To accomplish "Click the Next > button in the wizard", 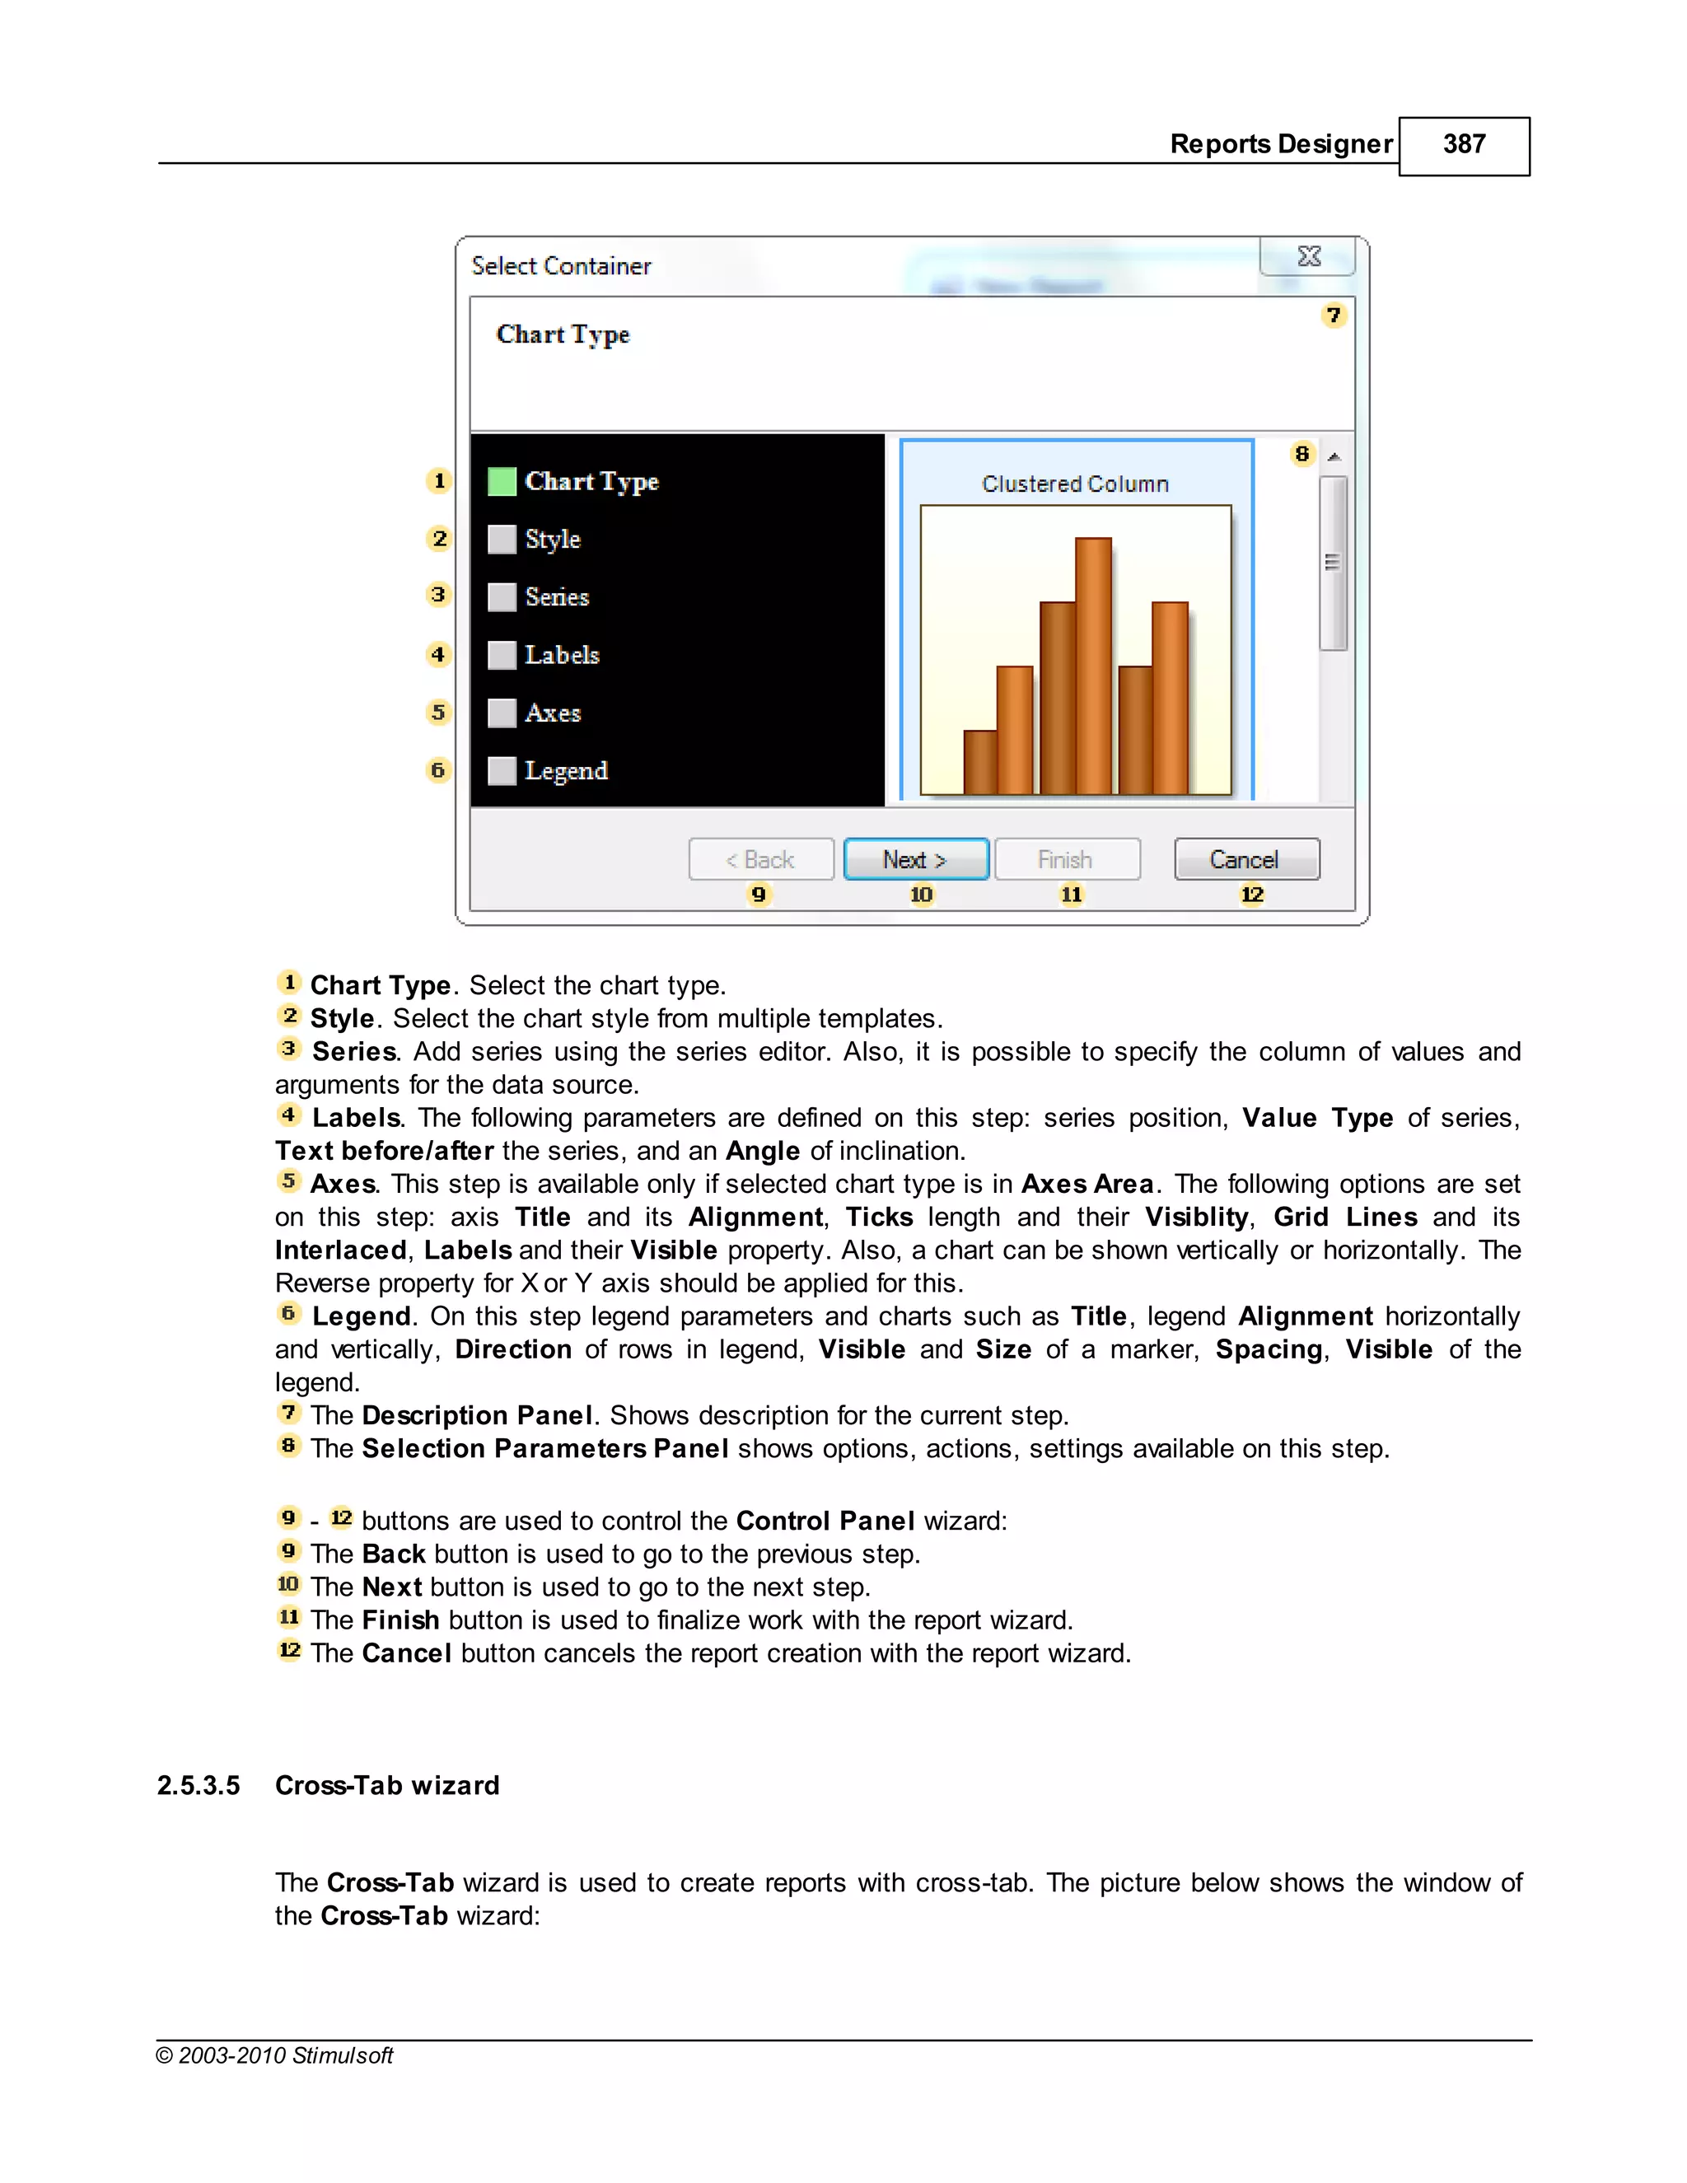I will (x=915, y=859).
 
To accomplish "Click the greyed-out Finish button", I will (x=1067, y=859).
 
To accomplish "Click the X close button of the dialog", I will (x=1308, y=257).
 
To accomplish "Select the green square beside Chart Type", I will (x=502, y=482).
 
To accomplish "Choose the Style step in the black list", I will (x=552, y=540).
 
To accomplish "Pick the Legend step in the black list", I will (x=566, y=771).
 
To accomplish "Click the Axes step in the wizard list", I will (x=553, y=713).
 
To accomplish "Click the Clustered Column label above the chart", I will (x=1074, y=484).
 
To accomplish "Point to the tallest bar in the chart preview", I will (x=1093, y=665).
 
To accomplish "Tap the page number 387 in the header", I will (x=1463, y=145).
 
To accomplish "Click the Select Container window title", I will (x=561, y=266).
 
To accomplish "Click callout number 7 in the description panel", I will (x=1334, y=316).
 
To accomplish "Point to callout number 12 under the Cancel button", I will (x=1251, y=895).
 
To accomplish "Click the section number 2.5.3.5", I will (x=198, y=1785).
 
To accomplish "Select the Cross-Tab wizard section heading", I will (x=387, y=1785).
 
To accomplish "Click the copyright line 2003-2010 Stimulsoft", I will (x=275, y=2055).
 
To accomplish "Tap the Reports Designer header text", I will (x=1280, y=144).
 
